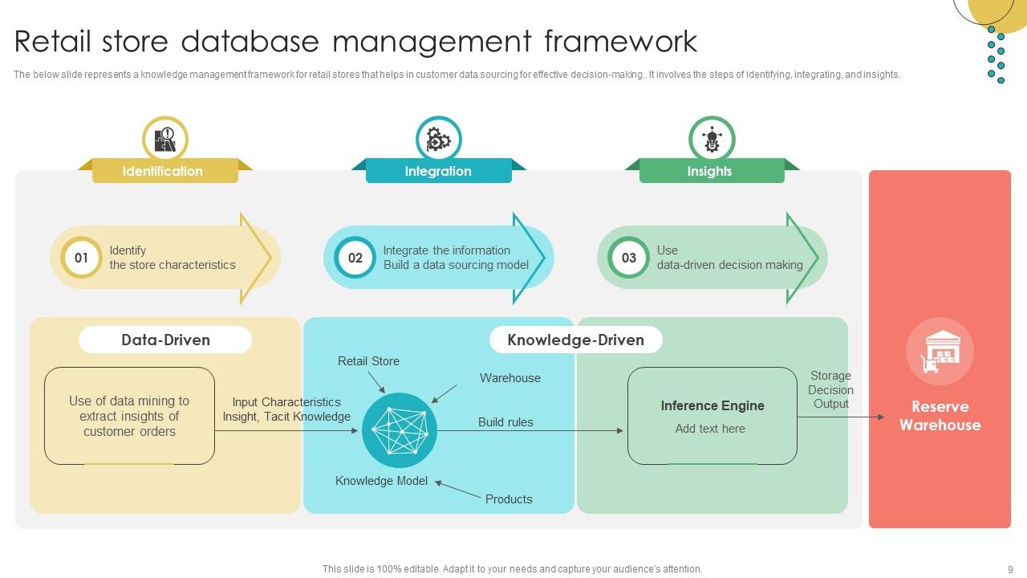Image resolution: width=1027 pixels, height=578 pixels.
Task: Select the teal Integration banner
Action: [438, 171]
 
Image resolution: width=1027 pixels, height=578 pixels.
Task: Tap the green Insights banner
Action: [711, 171]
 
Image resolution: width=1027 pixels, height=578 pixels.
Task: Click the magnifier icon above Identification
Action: [164, 139]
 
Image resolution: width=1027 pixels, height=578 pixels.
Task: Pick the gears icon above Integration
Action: [438, 139]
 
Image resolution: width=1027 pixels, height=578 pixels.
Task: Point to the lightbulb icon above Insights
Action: [712, 139]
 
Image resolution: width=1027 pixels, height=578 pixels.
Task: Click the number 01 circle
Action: [81, 258]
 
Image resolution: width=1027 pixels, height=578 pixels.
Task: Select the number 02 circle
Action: [355, 258]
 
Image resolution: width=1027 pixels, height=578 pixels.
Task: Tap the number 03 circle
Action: [629, 258]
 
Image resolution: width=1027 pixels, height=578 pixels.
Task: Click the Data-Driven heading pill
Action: [165, 340]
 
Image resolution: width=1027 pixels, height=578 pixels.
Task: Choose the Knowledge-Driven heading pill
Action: [575, 340]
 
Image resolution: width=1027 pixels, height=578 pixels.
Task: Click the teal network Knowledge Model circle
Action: [400, 430]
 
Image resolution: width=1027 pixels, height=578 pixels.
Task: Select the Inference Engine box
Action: [712, 416]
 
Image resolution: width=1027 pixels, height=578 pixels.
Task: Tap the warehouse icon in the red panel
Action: [940, 352]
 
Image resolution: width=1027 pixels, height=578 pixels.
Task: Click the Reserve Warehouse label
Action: [940, 416]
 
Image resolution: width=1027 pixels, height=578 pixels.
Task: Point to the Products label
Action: [509, 499]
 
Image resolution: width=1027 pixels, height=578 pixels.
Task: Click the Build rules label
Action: [505, 422]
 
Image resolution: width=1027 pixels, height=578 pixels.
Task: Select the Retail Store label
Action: [368, 361]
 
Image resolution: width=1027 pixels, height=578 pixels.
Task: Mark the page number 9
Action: [1010, 569]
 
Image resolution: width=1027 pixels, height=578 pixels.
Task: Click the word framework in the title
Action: [620, 41]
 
